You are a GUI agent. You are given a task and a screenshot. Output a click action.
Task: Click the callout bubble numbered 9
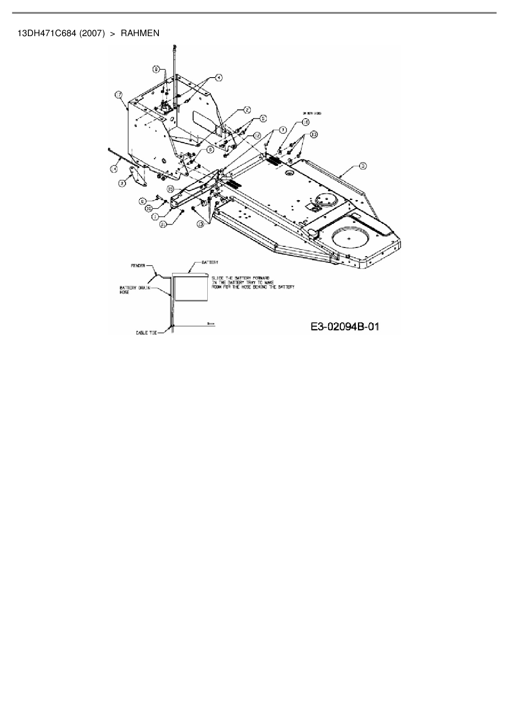coord(156,70)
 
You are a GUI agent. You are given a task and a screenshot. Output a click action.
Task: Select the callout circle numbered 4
coord(218,77)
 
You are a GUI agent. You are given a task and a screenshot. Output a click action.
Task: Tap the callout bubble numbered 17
coord(119,95)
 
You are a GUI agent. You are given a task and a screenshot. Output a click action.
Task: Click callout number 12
coord(257,135)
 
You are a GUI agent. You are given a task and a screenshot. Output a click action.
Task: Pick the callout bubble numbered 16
coord(305,122)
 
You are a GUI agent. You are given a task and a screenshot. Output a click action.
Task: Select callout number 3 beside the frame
coord(363,166)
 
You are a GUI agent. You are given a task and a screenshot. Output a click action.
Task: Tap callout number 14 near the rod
coord(113,168)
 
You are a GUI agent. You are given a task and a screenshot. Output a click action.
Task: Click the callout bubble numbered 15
coord(170,188)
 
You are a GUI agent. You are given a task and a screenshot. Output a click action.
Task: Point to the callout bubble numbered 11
coord(163,224)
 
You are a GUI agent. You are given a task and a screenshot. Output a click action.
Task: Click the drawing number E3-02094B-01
coord(344,327)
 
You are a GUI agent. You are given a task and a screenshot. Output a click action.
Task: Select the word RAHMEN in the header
coord(140,33)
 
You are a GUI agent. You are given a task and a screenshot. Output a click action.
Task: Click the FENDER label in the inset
coord(138,266)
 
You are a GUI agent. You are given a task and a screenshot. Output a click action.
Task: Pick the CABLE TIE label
coord(146,333)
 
